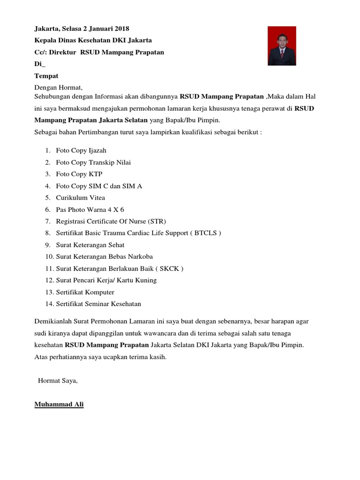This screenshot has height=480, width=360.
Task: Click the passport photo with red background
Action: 282,46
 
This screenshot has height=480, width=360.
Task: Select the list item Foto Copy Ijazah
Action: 81,150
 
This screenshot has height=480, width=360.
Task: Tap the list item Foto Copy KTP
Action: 79,174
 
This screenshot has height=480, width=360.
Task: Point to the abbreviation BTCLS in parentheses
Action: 206,233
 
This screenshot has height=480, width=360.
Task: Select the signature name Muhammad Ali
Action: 59,404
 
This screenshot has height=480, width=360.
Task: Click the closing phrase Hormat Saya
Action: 58,380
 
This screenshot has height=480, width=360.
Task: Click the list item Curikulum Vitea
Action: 81,197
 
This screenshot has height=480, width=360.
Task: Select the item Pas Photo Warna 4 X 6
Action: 90,210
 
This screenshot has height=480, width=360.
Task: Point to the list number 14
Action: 49,304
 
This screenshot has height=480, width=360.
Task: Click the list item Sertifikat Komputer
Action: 85,292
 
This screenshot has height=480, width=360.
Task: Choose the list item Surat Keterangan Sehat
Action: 90,245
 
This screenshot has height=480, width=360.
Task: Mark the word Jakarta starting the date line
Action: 46,29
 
